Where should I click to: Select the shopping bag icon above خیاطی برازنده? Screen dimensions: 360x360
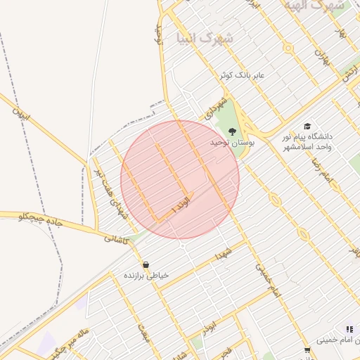[146, 265]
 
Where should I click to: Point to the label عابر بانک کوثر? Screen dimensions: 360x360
[243, 75]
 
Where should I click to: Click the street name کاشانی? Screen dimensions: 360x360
[117, 239]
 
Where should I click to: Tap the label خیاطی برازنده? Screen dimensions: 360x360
[146, 276]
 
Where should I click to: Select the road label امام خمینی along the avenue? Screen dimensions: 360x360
[267, 280]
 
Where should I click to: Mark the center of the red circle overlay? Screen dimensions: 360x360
[180, 179]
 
